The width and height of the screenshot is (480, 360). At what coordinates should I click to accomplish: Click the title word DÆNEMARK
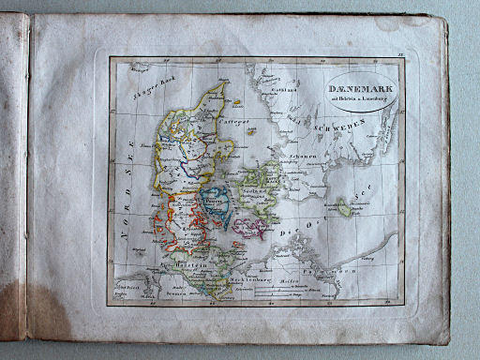click(x=362, y=89)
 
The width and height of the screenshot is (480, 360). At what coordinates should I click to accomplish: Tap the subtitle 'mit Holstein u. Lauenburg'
click(x=362, y=99)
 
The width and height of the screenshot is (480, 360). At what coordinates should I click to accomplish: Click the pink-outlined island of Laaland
click(x=249, y=227)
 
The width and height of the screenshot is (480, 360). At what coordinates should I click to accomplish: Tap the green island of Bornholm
click(x=344, y=209)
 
